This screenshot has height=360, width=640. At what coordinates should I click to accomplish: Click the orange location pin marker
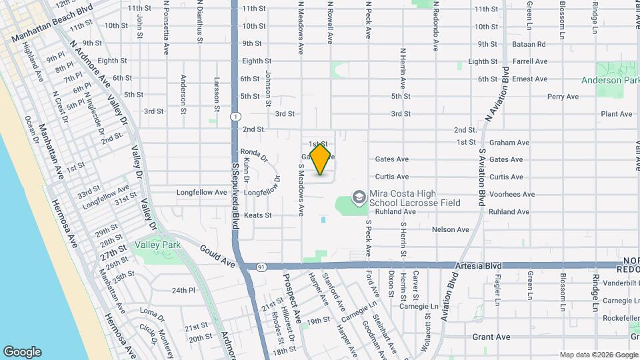tap(321, 159)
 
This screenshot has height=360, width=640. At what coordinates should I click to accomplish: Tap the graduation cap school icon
tap(359, 197)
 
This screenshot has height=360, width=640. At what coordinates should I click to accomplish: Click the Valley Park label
tap(159, 245)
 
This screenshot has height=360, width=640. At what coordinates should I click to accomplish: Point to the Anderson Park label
tap(610, 80)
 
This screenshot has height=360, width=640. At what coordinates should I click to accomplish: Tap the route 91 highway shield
tap(261, 267)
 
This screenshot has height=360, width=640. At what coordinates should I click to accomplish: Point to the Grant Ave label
tap(491, 337)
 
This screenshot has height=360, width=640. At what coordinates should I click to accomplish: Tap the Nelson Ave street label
tap(451, 229)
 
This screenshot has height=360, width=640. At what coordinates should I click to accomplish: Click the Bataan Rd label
tap(529, 45)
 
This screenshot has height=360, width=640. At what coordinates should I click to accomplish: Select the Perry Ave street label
tap(563, 97)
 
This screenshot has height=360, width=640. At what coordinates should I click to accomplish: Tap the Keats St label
tap(257, 215)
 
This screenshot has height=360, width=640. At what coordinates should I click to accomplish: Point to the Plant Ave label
tap(616, 114)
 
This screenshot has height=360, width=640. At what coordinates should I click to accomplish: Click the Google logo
tap(22, 352)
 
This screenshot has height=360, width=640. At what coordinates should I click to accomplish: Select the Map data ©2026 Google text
tap(598, 355)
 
